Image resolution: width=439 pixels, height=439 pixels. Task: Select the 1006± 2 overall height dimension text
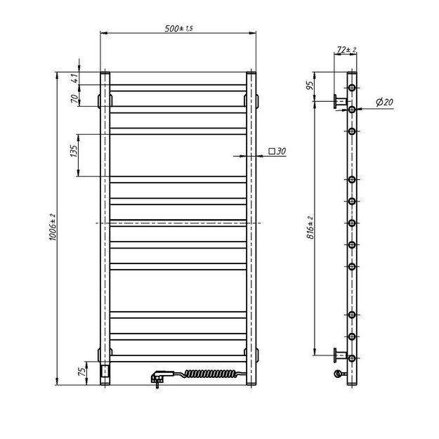[x=52, y=229]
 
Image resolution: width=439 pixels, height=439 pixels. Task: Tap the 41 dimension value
[x=73, y=78]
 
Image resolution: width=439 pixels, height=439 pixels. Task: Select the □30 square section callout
[x=277, y=151]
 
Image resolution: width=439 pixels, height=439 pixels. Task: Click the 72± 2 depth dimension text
[x=347, y=50]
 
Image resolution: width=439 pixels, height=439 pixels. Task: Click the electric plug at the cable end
[x=157, y=378]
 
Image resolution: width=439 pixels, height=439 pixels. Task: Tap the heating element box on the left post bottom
[x=105, y=369]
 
